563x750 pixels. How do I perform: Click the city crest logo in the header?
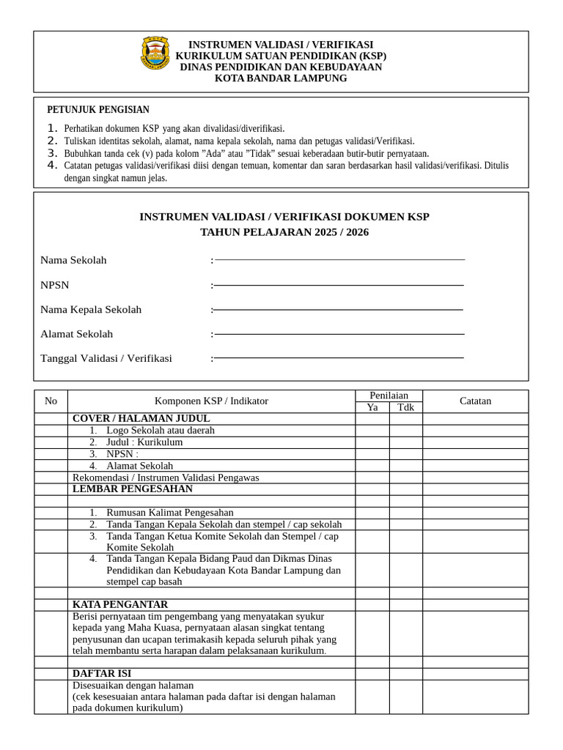click(x=155, y=56)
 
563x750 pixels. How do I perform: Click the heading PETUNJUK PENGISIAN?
click(x=98, y=110)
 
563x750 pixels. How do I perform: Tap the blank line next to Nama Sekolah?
click(x=339, y=260)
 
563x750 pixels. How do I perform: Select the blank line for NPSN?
click(x=339, y=285)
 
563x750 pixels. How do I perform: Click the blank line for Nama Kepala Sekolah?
click(x=339, y=310)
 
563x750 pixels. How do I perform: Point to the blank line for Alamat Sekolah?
click(x=339, y=334)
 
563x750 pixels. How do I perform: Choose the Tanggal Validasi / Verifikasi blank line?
click(x=339, y=358)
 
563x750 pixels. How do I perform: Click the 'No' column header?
click(x=51, y=401)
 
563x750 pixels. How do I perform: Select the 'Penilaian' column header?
click(x=389, y=396)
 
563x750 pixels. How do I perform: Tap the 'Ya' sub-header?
click(x=372, y=407)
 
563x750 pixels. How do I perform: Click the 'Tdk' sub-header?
click(x=405, y=407)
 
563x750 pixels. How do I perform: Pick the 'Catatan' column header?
click(x=475, y=401)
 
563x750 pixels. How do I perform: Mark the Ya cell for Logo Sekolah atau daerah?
click(x=372, y=431)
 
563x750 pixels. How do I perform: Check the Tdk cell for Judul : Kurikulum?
click(x=405, y=442)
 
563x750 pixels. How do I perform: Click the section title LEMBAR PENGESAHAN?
click(x=133, y=489)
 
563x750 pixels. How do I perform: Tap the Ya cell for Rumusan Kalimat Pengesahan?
click(x=372, y=513)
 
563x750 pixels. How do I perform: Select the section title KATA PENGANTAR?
click(x=120, y=604)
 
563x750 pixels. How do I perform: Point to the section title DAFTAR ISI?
click(x=102, y=673)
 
